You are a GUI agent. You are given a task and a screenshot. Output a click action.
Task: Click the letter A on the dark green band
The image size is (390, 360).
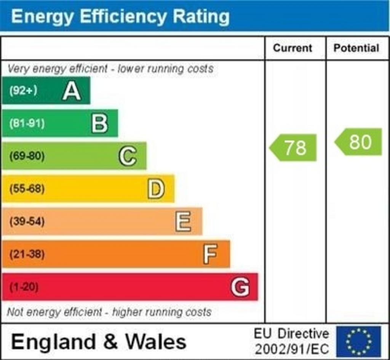(x=72, y=91)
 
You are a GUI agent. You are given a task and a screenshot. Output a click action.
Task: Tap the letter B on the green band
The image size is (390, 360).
(x=100, y=124)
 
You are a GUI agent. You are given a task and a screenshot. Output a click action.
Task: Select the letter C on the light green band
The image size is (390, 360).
(x=128, y=156)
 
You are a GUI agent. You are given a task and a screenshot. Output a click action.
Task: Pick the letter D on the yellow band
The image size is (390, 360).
(x=156, y=189)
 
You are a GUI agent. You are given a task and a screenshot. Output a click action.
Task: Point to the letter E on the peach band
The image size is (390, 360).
(x=184, y=222)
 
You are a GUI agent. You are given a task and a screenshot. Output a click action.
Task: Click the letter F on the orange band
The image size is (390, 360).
(x=210, y=254)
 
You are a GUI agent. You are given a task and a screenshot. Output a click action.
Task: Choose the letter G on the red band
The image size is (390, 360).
(x=240, y=287)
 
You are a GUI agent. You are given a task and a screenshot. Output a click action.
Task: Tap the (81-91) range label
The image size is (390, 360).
(x=27, y=123)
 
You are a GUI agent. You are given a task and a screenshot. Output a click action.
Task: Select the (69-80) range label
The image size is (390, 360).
(x=27, y=156)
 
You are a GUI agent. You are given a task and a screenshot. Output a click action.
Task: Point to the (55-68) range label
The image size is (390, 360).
(x=27, y=189)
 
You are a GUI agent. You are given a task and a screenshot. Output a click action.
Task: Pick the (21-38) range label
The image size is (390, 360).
(x=27, y=254)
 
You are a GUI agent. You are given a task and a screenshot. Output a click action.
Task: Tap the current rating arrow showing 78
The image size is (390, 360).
(x=294, y=147)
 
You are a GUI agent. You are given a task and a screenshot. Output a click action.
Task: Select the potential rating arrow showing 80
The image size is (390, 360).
(x=359, y=142)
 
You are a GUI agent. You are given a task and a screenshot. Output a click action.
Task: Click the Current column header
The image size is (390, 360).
(x=292, y=48)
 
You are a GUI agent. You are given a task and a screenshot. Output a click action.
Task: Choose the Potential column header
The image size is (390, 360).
(x=356, y=48)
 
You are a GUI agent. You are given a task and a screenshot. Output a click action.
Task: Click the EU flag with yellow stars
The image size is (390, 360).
(x=358, y=341)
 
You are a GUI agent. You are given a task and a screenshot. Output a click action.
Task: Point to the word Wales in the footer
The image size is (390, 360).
(x=156, y=341)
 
